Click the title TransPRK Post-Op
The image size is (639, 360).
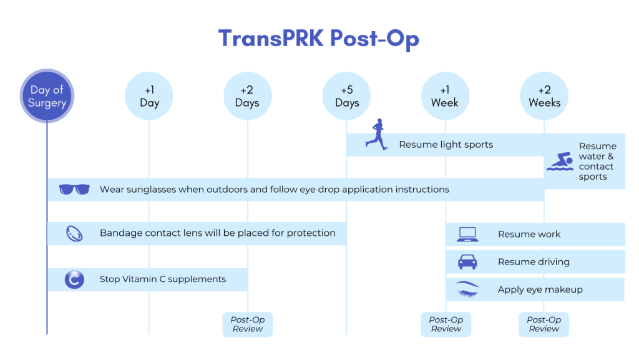click(x=319, y=39)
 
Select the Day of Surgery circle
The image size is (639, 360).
click(x=47, y=95)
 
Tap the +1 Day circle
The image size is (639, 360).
click(x=149, y=96)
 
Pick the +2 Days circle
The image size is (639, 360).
click(x=248, y=96)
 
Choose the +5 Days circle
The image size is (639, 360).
click(x=347, y=96)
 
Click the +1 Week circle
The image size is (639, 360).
click(x=446, y=96)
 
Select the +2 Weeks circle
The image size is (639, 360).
click(x=544, y=96)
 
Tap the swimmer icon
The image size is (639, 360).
click(x=560, y=162)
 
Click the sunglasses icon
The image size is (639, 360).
click(x=74, y=190)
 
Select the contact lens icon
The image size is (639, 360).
click(x=74, y=234)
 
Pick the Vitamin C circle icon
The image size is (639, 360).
click(x=74, y=280)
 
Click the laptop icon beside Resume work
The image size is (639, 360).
click(x=467, y=234)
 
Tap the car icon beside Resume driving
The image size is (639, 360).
click(x=467, y=262)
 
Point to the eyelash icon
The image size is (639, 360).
click(x=467, y=289)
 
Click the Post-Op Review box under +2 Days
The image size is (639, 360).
click(x=248, y=324)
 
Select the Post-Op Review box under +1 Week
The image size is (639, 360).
click(x=446, y=324)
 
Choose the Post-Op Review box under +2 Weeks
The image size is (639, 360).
click(x=544, y=324)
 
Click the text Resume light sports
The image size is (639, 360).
click(x=446, y=145)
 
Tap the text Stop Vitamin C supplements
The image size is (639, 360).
click(x=163, y=280)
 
